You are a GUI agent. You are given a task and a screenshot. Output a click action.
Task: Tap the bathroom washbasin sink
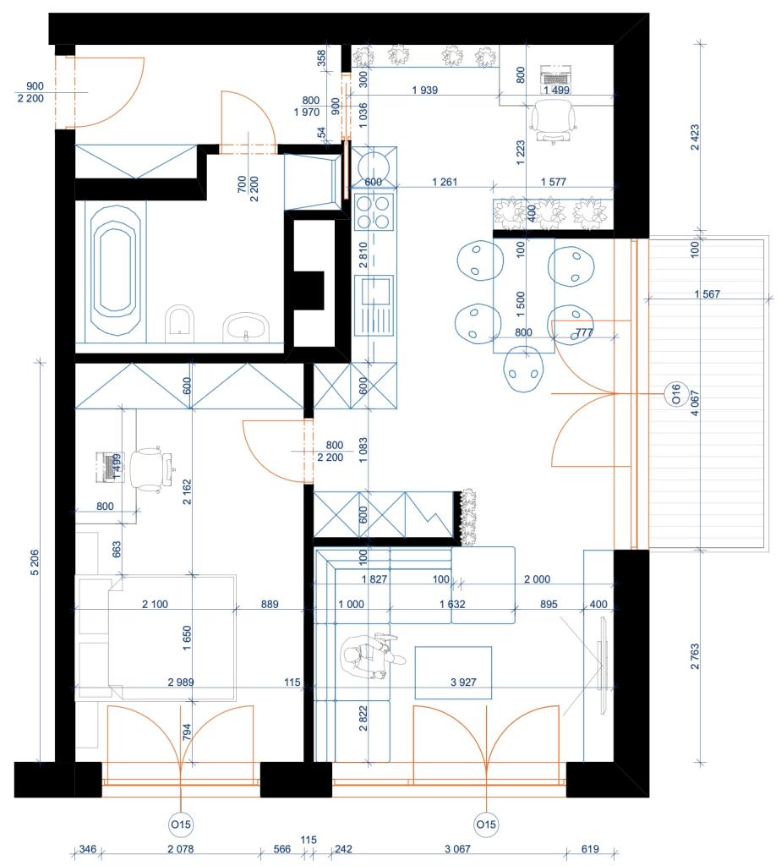[x=246, y=326]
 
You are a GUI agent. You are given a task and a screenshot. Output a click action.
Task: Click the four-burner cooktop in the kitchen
[x=374, y=211]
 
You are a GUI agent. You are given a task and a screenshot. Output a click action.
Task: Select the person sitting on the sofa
[x=366, y=655]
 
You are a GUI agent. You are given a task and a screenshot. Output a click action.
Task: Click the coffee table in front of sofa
[x=453, y=672]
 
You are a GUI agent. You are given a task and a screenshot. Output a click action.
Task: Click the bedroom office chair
[x=153, y=467]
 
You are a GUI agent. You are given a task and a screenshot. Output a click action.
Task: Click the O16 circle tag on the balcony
[x=674, y=394]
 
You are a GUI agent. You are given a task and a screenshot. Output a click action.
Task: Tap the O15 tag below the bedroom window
[x=182, y=824]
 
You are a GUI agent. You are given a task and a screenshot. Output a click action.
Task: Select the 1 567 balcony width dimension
[x=708, y=293]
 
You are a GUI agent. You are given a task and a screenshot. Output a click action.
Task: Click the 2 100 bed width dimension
[x=156, y=604]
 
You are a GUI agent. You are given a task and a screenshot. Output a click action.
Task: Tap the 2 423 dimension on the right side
[x=696, y=135]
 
